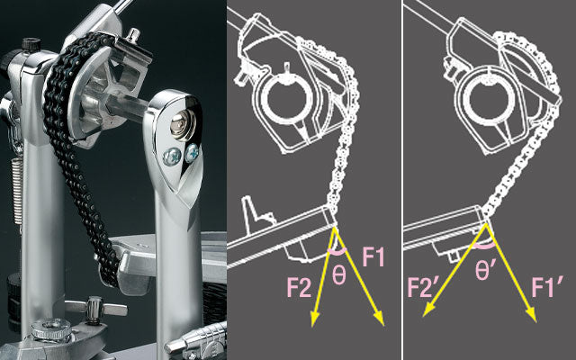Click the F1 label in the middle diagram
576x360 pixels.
coord(373,256)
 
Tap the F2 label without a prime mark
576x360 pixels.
coord(300,287)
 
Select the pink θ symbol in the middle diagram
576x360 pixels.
coord(338,275)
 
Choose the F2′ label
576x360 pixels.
coord(423,287)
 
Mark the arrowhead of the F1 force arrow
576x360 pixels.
coord(380,319)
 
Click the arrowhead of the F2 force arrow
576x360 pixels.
coord(314,319)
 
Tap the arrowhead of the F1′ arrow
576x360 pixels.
coord(531,315)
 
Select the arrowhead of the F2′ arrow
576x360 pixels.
coord(428,310)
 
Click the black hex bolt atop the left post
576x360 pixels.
coord(31,44)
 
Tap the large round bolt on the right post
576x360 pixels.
coord(183,125)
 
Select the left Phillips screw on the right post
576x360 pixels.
coord(171,157)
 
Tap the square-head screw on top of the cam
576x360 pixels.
coord(133,36)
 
